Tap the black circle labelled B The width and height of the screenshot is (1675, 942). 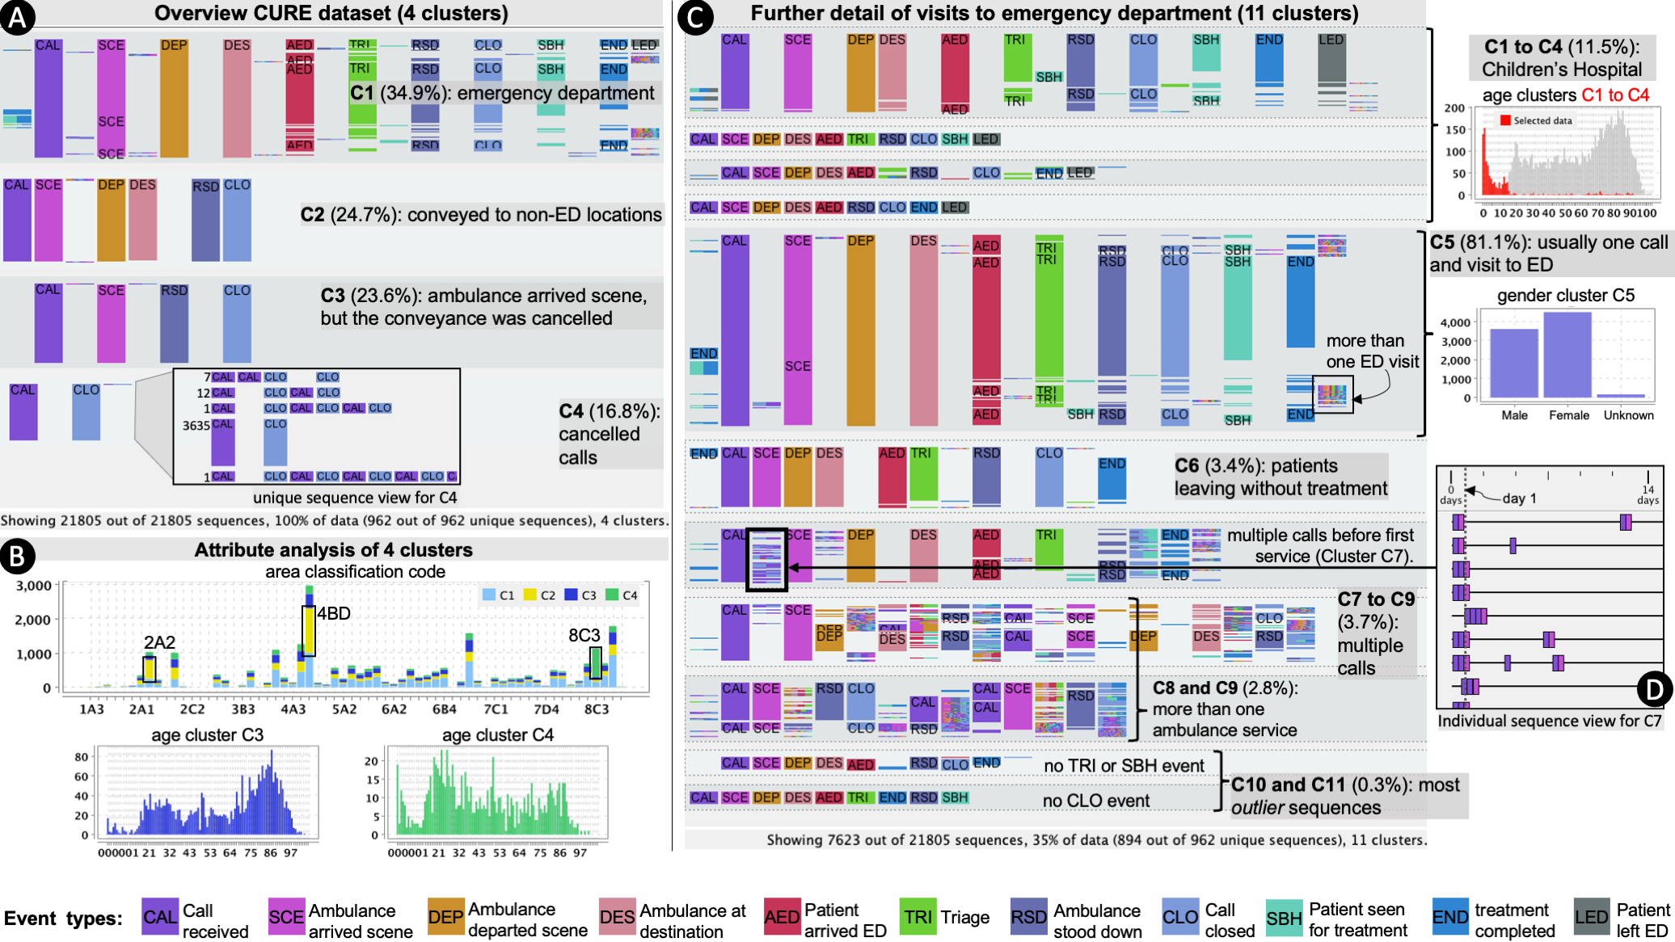click(17, 556)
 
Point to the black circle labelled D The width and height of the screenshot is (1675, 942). click(1654, 689)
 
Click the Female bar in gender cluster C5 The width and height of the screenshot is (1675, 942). click(1567, 355)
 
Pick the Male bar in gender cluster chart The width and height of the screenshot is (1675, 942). click(1513, 363)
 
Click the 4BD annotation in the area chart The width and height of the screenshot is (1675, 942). click(333, 614)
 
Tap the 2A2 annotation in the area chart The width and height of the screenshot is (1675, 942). click(159, 642)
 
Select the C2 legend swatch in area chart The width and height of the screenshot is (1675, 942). click(530, 595)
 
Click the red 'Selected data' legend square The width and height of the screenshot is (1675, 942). click(1505, 120)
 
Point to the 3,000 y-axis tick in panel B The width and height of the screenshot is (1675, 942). click(33, 586)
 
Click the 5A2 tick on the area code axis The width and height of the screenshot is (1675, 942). click(344, 709)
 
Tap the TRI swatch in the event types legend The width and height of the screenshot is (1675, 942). click(918, 918)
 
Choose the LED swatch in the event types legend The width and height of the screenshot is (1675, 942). click(1591, 918)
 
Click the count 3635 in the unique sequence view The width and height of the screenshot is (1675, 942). click(196, 425)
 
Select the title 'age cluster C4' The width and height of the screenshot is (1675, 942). click(497, 734)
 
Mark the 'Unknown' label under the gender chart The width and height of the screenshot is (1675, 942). click(1628, 415)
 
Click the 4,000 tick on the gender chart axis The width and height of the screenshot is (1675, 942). click(1455, 322)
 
